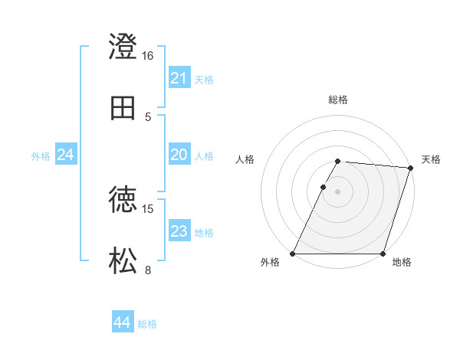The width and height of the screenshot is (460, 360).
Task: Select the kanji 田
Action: pyautogui.click(x=123, y=108)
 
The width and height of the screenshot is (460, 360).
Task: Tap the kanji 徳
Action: pyautogui.click(x=123, y=200)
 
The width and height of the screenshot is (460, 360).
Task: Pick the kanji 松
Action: pyautogui.click(x=123, y=261)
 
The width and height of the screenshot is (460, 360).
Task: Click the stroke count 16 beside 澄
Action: pyautogui.click(x=148, y=56)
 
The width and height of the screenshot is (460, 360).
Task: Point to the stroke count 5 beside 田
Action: pyautogui.click(x=148, y=117)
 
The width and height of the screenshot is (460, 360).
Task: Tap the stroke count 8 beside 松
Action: pyautogui.click(x=148, y=270)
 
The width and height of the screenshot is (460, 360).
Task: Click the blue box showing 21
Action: pyautogui.click(x=179, y=78)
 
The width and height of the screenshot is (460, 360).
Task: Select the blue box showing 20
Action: pyautogui.click(x=179, y=155)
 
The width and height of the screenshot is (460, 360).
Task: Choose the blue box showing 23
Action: pyautogui.click(x=179, y=231)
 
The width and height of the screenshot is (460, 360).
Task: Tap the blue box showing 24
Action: pyautogui.click(x=66, y=155)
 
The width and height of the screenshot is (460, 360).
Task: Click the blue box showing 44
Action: pyautogui.click(x=123, y=322)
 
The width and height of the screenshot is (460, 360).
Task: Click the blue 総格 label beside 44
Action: pyautogui.click(x=147, y=324)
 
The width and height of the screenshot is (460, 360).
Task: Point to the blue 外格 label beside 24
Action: pyautogui.click(x=41, y=156)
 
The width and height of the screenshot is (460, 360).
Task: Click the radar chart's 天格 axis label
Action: pyautogui.click(x=431, y=159)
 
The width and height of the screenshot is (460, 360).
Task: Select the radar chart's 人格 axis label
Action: pyautogui.click(x=245, y=159)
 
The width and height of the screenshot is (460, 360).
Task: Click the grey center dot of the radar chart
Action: pyautogui.click(x=337, y=191)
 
